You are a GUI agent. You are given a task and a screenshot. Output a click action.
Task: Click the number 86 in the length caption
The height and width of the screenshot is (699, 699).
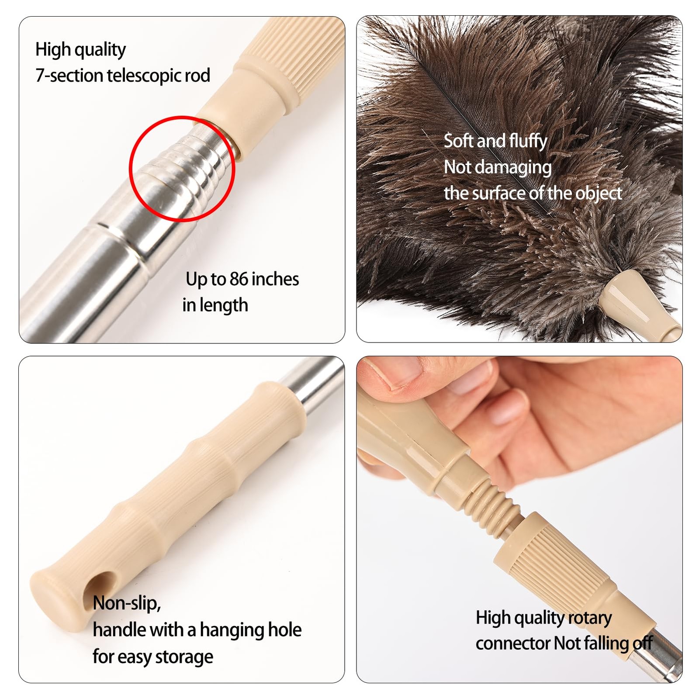coord(239,279)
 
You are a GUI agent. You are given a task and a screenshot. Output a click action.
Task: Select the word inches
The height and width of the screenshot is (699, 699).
coord(275,279)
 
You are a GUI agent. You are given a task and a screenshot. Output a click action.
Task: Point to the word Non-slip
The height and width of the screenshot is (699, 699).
coord(127,603)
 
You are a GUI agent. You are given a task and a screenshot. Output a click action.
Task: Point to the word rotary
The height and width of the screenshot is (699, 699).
coord(590,618)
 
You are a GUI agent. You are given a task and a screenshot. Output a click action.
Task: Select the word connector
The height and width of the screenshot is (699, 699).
coord(512,644)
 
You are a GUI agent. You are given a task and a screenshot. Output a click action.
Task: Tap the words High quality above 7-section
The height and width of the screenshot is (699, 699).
coord(80,50)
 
